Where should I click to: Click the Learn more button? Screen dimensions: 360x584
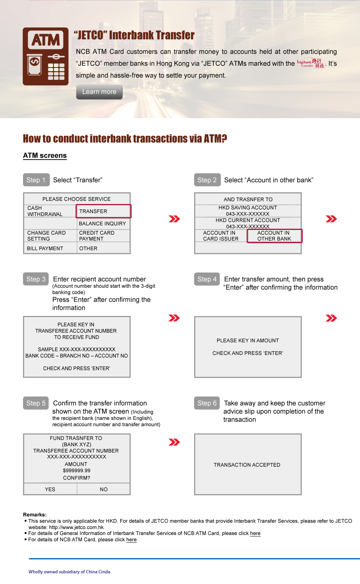[99, 92]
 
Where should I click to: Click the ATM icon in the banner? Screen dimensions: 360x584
[46, 56]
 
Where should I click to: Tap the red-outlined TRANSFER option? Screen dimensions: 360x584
[104, 211]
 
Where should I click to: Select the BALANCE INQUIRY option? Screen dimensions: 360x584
[102, 224]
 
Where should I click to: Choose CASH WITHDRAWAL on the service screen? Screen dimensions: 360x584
[45, 211]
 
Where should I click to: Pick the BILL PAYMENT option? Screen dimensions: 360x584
[45, 248]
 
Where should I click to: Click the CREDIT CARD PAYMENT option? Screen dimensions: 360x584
[97, 236]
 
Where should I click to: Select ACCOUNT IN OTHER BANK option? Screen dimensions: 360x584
[275, 236]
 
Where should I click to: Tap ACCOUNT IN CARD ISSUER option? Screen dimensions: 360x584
[221, 236]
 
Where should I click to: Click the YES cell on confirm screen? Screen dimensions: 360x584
[50, 489]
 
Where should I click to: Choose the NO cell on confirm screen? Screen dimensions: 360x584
[104, 489]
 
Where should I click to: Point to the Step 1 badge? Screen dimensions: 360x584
[36, 180]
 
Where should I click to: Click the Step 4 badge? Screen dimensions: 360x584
[207, 279]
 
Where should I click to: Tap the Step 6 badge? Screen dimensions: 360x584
[207, 403]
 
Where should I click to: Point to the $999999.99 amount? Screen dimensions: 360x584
[77, 471]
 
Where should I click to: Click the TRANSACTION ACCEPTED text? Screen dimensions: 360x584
[247, 465]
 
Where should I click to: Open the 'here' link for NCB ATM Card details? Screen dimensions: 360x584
[131, 540]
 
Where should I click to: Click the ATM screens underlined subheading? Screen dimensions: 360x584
[45, 156]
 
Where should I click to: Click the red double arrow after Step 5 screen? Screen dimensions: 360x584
[174, 442]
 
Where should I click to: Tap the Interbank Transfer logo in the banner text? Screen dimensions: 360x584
[311, 63]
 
